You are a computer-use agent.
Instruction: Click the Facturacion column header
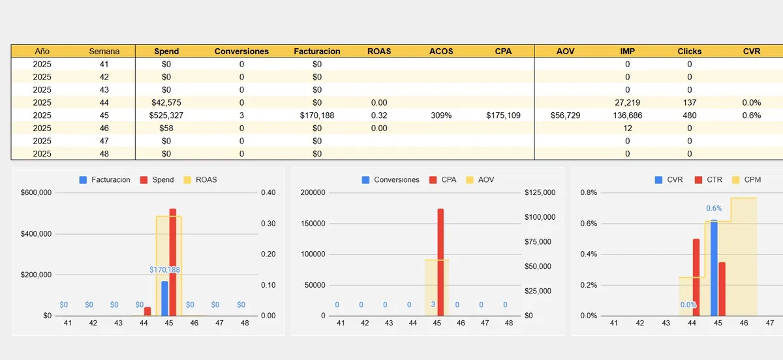(317, 51)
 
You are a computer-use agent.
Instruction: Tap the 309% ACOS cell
(441, 115)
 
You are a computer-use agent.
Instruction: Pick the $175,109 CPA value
(503, 115)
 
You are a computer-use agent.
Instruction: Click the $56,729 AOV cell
(565, 115)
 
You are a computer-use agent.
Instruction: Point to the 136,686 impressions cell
(627, 115)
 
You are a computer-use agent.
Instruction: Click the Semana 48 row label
(104, 153)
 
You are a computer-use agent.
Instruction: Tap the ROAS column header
(379, 51)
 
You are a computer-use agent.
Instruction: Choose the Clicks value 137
(689, 102)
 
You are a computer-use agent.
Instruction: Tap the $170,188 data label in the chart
(164, 269)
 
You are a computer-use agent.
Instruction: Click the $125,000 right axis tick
(540, 192)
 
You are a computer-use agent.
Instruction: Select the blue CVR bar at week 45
(714, 267)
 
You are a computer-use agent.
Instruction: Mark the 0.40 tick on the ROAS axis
(268, 192)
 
